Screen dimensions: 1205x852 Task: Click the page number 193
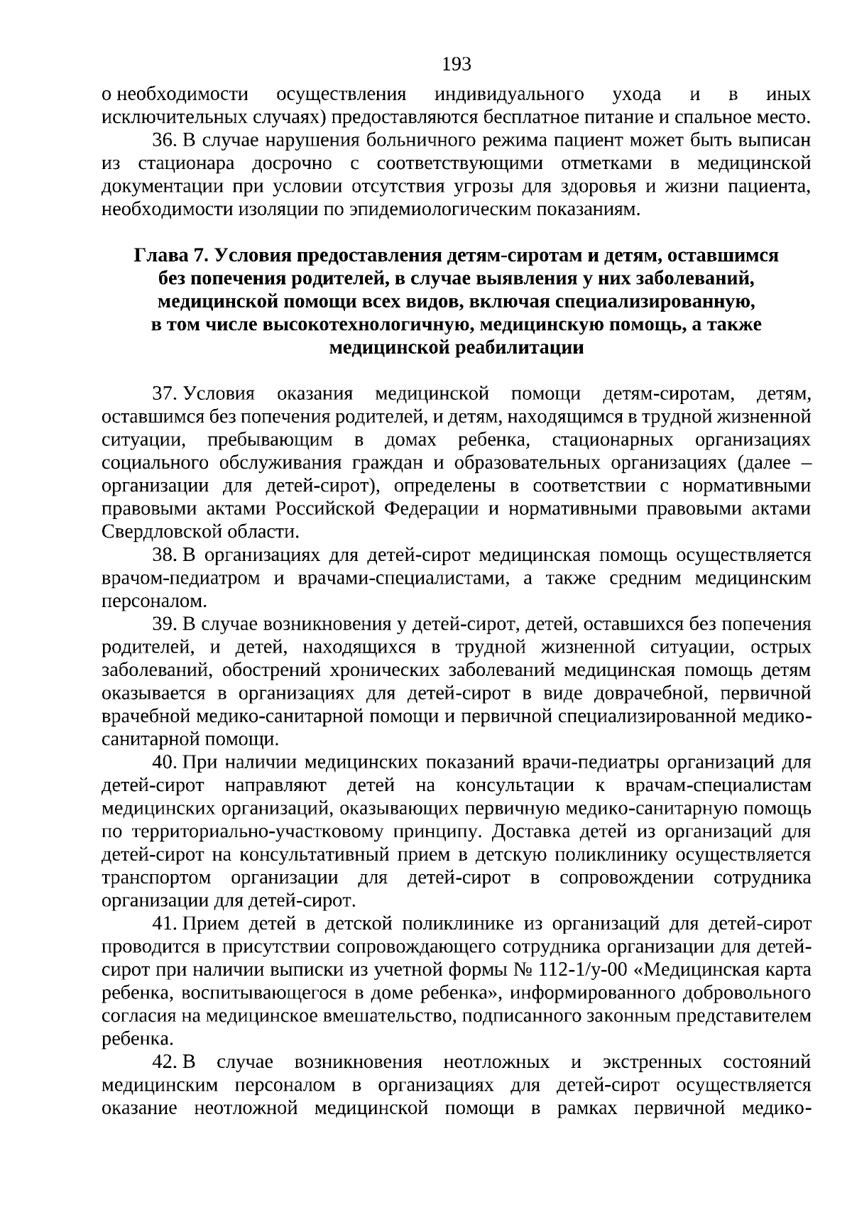point(457,65)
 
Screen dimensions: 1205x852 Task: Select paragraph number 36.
point(164,141)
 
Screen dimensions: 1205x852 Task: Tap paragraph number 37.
point(164,394)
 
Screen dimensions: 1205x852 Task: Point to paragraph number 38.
point(164,555)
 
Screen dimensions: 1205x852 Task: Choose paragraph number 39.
point(164,624)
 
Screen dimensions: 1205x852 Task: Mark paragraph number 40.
point(164,763)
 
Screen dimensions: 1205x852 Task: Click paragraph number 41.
point(164,924)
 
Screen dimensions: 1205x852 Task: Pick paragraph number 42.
point(164,1062)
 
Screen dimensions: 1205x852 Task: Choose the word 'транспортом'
point(156,878)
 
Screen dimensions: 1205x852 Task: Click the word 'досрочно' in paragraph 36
point(292,164)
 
